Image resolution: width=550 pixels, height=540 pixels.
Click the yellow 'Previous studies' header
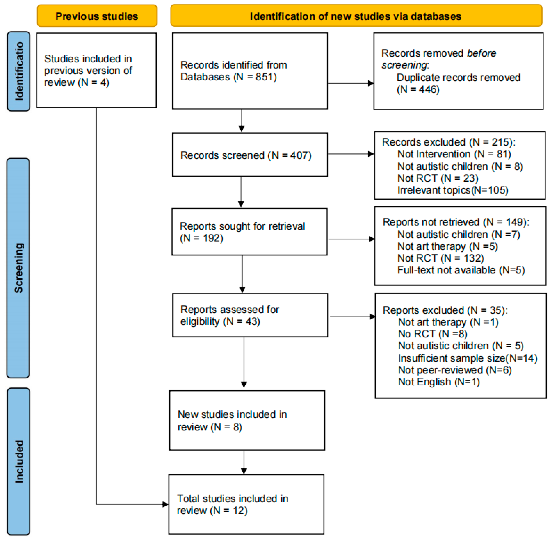97,16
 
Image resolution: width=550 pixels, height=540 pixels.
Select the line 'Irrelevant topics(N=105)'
452,190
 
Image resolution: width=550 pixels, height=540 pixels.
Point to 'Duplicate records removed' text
458,77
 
